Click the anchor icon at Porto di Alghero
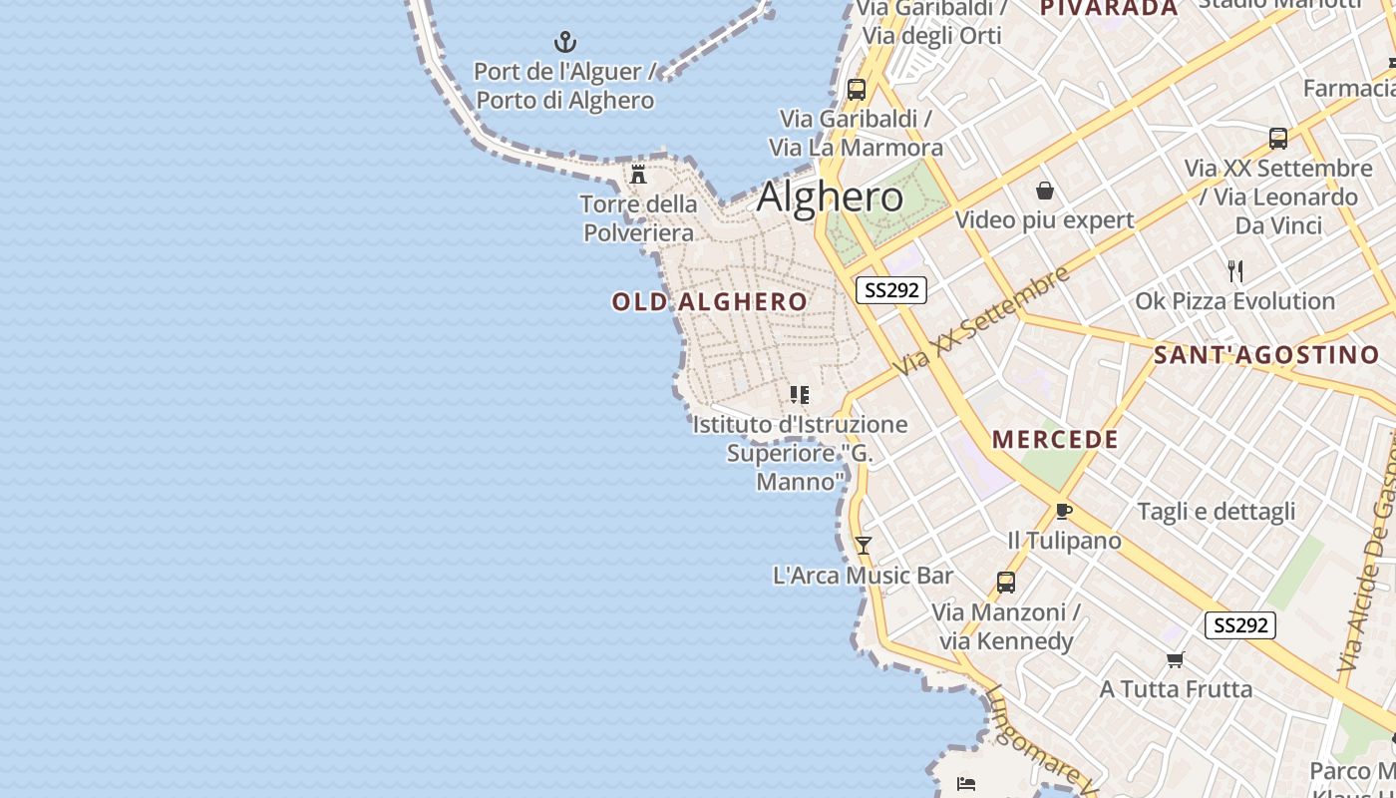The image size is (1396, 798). point(565,42)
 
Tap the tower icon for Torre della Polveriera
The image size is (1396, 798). point(638,175)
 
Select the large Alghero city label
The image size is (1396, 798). point(830,197)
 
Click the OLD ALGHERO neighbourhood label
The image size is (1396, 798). point(710,301)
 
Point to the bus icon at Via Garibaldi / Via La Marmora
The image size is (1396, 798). point(856,89)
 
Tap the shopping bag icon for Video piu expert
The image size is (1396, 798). point(1045,190)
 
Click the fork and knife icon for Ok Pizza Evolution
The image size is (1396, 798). point(1235,270)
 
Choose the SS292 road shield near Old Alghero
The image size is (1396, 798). point(891,290)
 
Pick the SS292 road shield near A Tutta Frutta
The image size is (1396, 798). point(1240,625)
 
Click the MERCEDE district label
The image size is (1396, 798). point(1055,439)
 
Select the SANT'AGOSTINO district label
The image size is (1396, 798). point(1266,354)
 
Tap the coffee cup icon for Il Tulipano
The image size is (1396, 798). point(1064,512)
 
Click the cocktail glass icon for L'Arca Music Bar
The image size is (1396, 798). point(864,545)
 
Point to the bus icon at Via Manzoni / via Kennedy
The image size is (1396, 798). point(1005,582)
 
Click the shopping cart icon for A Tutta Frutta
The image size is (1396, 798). point(1175,659)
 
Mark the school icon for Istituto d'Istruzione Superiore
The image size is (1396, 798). point(799,394)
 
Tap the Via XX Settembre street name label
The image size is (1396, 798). point(982,320)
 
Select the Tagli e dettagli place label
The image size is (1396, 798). point(1217,512)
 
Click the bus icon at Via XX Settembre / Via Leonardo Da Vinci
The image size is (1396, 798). point(1277,139)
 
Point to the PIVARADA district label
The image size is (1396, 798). point(1109,8)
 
